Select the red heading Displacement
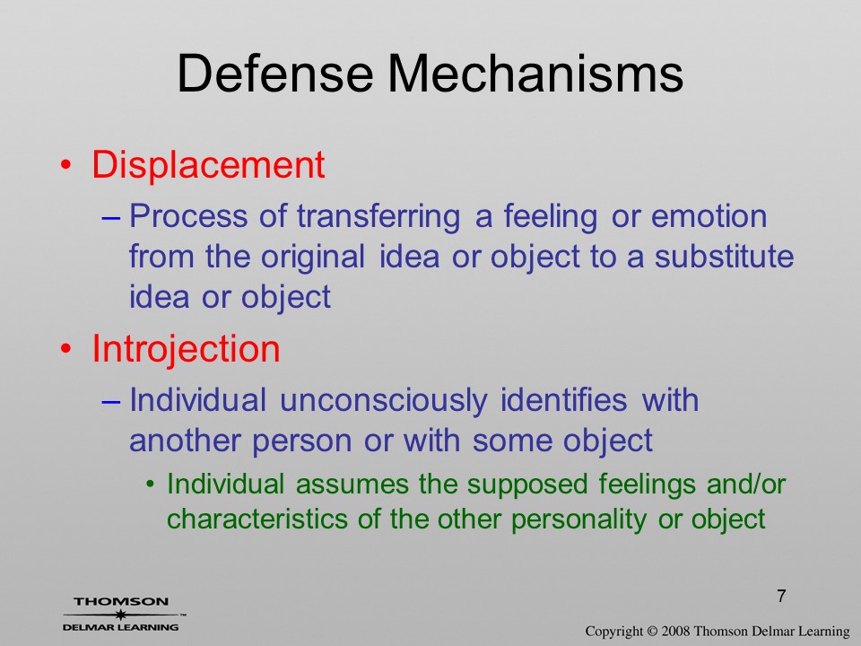pos(208,165)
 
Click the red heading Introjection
pos(186,350)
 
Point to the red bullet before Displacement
pos(65,165)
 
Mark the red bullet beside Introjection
pos(65,349)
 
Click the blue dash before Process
pos(111,217)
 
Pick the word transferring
pos(378,216)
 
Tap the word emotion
pos(709,216)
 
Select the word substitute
pos(724,257)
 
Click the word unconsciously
pos(383,400)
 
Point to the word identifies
pos(563,399)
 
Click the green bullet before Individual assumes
pos(150,484)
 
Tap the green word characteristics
pos(257,519)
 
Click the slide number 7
pos(781,596)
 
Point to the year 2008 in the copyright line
pos(674,631)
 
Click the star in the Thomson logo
pos(120,615)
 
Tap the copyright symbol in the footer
pos(652,631)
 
